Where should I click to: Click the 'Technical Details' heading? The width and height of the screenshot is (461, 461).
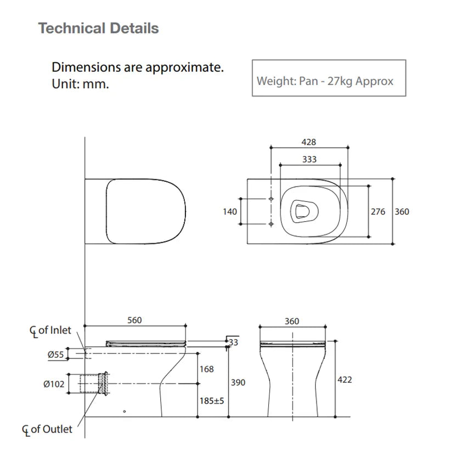[98, 28]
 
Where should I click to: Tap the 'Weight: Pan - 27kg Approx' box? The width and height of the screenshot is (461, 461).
[328, 81]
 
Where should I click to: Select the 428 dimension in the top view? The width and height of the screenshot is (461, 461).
[309, 142]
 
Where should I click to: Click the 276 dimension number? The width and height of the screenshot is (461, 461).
[378, 211]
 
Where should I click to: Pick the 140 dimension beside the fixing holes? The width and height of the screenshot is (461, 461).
[230, 211]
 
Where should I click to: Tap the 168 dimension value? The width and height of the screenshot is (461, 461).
[206, 369]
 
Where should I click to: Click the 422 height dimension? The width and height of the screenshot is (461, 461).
[345, 380]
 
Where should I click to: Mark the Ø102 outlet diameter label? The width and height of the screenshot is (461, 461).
[54, 384]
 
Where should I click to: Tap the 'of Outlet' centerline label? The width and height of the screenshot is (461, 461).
[50, 429]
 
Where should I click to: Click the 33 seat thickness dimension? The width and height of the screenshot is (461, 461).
[234, 342]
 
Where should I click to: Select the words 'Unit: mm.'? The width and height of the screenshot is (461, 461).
[80, 85]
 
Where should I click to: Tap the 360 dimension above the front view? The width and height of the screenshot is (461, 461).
[292, 321]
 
